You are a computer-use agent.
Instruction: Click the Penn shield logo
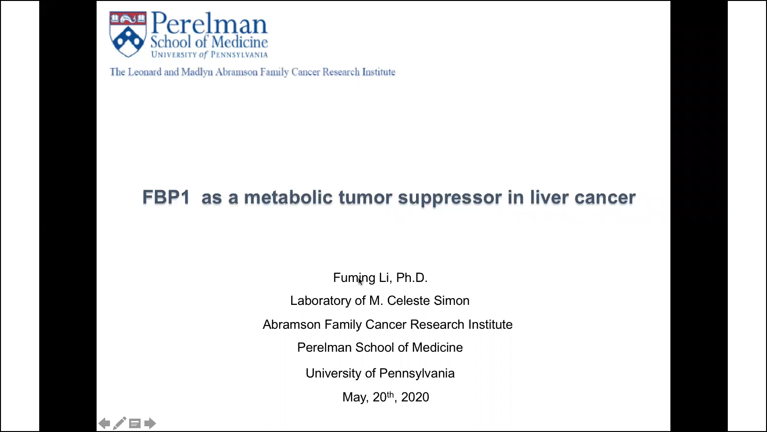pyautogui.click(x=128, y=34)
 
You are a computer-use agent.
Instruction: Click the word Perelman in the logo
pyautogui.click(x=209, y=23)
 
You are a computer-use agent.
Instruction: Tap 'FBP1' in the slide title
pyautogui.click(x=166, y=197)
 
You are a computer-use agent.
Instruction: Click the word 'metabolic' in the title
pyautogui.click(x=288, y=197)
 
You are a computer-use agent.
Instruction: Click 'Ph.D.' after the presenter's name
pyautogui.click(x=412, y=278)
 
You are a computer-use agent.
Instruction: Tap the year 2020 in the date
pyautogui.click(x=415, y=397)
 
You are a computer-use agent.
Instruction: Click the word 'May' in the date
pyautogui.click(x=354, y=397)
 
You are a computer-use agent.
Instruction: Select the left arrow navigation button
pyautogui.click(x=104, y=423)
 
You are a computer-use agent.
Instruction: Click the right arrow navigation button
pyautogui.click(x=150, y=423)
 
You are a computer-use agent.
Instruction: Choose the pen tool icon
pyautogui.click(x=120, y=423)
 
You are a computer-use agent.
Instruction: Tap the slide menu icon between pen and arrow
pyautogui.click(x=135, y=423)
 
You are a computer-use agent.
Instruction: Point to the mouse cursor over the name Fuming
pyautogui.click(x=360, y=281)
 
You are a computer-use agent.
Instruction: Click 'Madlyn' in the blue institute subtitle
pyautogui.click(x=197, y=72)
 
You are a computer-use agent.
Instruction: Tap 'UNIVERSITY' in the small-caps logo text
pyautogui.click(x=174, y=54)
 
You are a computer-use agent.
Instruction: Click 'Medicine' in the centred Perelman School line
pyautogui.click(x=437, y=347)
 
